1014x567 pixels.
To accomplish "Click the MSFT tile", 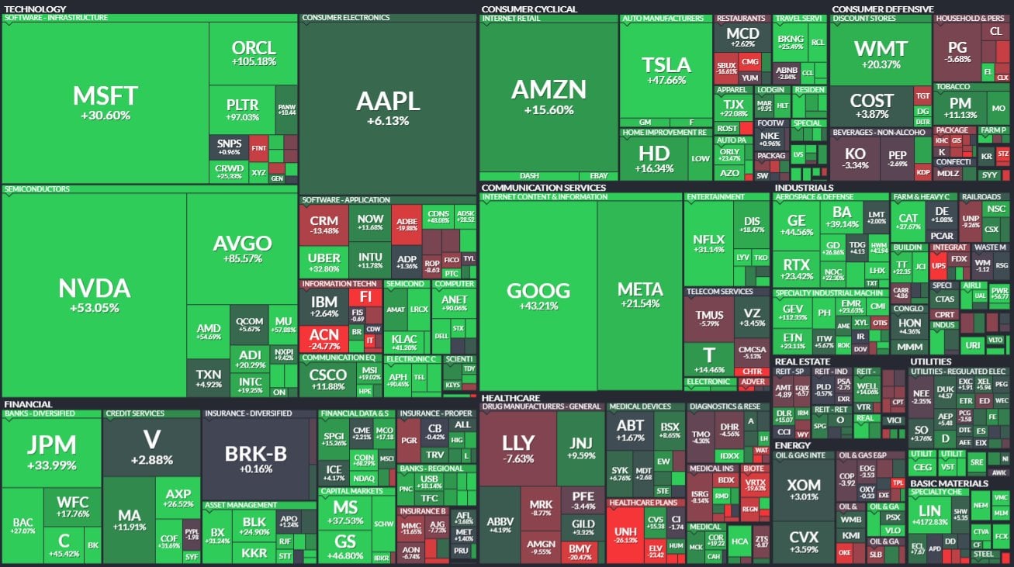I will click(105, 101).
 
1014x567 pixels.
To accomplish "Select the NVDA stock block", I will click(94, 295).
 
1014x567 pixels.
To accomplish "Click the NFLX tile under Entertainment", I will click(708, 244).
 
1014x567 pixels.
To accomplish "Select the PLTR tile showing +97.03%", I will click(242, 109).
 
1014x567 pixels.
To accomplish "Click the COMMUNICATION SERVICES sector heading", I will click(543, 188).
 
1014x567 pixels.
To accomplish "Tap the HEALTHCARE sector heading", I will click(511, 397).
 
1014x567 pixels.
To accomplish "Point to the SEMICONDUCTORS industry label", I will click(37, 188).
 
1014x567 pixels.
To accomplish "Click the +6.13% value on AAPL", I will click(387, 121).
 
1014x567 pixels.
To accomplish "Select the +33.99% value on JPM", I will click(51, 465).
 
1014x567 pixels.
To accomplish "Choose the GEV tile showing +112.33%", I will click(792, 311).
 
